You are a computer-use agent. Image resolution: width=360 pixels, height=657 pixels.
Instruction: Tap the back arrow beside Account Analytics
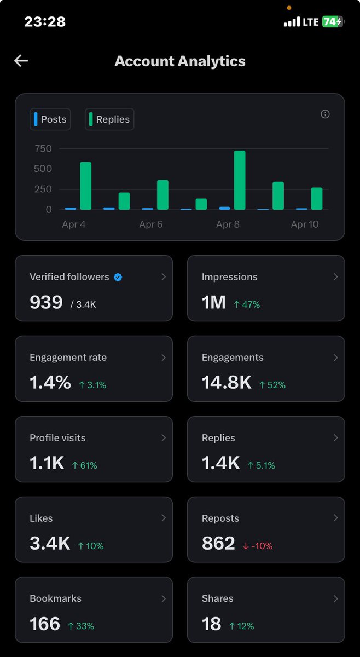click(x=21, y=61)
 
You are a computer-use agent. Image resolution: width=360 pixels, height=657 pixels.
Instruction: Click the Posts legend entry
click(x=50, y=119)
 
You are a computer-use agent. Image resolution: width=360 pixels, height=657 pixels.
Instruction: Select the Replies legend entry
click(x=109, y=119)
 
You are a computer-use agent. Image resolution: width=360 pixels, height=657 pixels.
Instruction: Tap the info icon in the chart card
click(x=325, y=114)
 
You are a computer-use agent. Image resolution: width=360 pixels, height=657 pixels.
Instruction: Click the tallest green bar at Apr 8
click(x=240, y=180)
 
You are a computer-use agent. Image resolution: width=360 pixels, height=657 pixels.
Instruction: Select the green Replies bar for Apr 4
click(x=86, y=186)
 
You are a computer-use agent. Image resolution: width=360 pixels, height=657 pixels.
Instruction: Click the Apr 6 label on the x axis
click(x=150, y=224)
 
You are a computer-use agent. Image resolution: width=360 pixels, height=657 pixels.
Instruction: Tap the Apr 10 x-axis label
click(x=305, y=224)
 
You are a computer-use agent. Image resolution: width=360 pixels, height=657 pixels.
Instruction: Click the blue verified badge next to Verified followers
click(x=118, y=277)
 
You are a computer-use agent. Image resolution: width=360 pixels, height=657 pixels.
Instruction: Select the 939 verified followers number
click(x=46, y=302)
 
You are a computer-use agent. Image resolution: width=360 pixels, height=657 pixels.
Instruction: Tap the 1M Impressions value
click(x=214, y=302)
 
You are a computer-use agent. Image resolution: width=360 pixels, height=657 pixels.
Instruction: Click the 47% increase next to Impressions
click(x=247, y=304)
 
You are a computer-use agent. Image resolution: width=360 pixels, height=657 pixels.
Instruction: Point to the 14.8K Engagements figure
click(x=227, y=383)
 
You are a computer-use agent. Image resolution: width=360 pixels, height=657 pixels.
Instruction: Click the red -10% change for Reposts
click(x=257, y=546)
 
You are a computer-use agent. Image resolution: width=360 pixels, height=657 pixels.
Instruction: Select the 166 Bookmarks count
click(x=45, y=624)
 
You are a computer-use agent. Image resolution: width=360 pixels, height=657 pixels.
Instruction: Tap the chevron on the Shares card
click(x=335, y=599)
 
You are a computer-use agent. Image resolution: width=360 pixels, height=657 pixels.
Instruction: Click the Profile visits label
click(x=57, y=438)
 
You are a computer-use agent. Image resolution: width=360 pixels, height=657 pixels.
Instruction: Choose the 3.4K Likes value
click(x=50, y=543)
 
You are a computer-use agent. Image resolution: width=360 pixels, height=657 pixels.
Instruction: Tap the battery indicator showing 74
click(x=332, y=22)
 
